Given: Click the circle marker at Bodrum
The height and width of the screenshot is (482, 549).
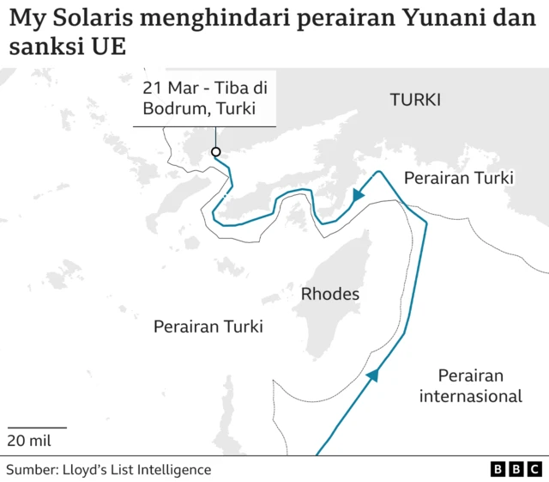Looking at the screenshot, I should pos(215,152).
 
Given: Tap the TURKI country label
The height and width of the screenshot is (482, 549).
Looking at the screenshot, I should pos(415,100).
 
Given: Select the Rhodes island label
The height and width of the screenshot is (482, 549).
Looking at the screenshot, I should pos(330,295).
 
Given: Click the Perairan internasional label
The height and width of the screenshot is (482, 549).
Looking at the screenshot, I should pos(470,386).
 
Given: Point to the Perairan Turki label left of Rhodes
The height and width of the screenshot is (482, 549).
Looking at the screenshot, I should pos(208,326).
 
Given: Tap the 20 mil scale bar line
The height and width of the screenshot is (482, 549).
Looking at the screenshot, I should pos(38,427).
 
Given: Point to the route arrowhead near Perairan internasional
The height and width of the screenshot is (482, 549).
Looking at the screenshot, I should pos(373,375).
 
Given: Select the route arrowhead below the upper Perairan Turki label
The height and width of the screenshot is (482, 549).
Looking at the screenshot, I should pos(358,197).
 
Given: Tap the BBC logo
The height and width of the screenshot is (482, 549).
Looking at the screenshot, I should pos(516,469).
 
